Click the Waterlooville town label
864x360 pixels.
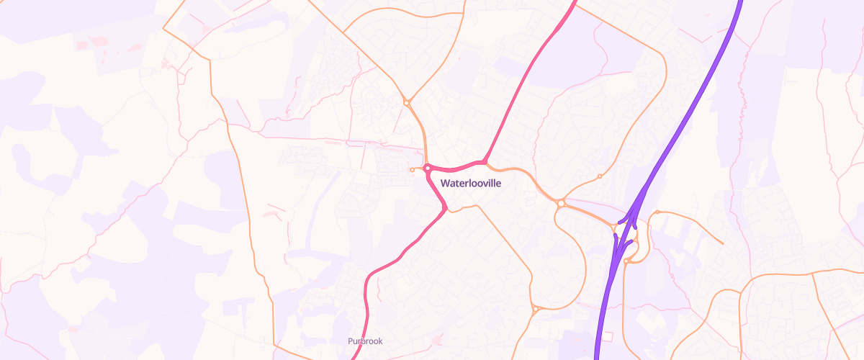click(470, 184)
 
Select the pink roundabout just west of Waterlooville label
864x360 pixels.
click(428, 168)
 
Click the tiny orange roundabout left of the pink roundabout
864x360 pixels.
click(412, 170)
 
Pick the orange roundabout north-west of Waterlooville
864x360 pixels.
click(407, 103)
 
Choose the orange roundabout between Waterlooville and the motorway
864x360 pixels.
click(560, 204)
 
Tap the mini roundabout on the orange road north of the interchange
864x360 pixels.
click(600, 176)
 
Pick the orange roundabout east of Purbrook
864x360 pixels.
click(536, 310)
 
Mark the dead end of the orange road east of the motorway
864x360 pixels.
click(722, 243)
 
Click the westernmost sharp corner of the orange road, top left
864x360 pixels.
click(163, 30)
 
